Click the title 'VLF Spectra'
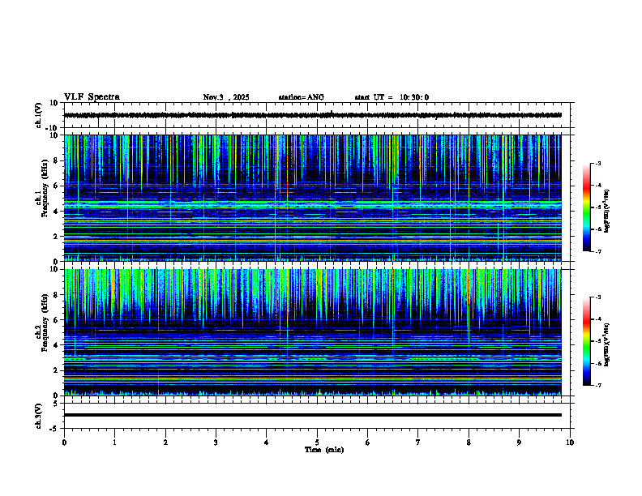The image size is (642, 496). tap(92, 97)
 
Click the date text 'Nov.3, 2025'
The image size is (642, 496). tap(226, 97)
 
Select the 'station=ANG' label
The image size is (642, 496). tap(301, 97)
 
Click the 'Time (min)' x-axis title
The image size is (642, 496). tap(323, 449)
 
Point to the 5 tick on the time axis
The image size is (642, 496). tap(317, 443)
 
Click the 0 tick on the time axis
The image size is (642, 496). tap(64, 443)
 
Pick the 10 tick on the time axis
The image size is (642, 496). tap(570, 443)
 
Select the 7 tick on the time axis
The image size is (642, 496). tap(418, 443)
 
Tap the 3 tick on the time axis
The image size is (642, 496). tap(216, 443)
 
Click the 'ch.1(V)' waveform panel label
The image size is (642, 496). tap(39, 115)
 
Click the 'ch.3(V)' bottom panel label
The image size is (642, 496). tap(39, 415)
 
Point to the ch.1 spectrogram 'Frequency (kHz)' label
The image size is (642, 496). tap(43, 198)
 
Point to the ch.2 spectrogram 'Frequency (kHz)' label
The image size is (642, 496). tap(43, 332)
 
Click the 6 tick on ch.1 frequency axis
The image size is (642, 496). tap(55, 186)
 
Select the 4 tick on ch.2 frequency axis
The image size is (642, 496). tap(55, 345)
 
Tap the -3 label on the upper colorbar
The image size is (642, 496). tap(598, 164)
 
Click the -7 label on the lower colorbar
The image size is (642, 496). tap(598, 386)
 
